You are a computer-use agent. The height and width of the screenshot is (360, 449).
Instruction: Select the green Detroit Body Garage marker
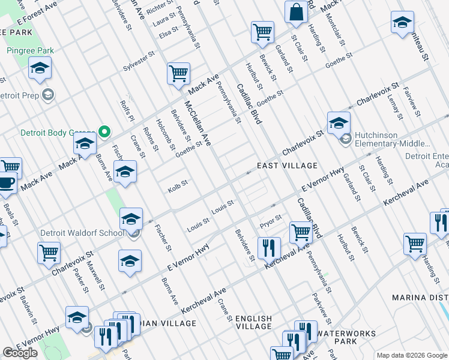(x=104, y=131)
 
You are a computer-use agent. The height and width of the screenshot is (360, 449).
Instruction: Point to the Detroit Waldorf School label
(x=82, y=233)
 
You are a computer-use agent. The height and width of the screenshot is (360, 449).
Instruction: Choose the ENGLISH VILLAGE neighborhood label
(x=254, y=322)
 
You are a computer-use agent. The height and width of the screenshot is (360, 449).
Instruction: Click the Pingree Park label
(x=31, y=50)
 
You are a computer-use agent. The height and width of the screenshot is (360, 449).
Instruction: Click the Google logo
(x=20, y=352)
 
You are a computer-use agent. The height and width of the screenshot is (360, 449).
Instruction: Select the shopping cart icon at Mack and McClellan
(x=179, y=74)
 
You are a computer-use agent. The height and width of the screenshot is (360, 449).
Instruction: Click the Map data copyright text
(x=412, y=355)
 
